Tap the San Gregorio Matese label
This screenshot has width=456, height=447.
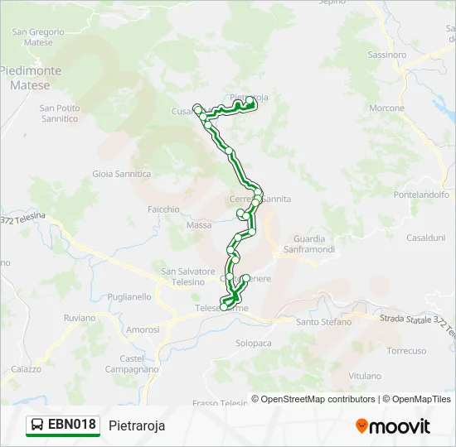[x=32, y=37]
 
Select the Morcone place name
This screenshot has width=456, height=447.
[x=386, y=108]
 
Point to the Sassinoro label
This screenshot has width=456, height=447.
[x=386, y=55]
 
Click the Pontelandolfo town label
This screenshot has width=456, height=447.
[x=421, y=195]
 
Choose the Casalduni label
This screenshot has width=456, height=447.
[x=425, y=238]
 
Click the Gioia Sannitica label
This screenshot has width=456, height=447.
[x=122, y=174]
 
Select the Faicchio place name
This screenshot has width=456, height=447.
[x=163, y=209]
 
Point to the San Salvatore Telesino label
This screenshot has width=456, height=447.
[x=188, y=276]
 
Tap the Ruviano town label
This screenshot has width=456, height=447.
[x=80, y=317]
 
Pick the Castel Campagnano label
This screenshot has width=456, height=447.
[x=132, y=363]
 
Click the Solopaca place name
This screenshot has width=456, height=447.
[x=254, y=343]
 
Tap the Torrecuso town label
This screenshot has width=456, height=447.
[x=406, y=351]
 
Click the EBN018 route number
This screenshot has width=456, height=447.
[x=72, y=425]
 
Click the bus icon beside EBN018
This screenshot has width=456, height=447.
[x=37, y=425]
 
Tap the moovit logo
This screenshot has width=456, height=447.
[x=393, y=426]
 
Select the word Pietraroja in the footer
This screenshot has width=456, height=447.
[x=137, y=425]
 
